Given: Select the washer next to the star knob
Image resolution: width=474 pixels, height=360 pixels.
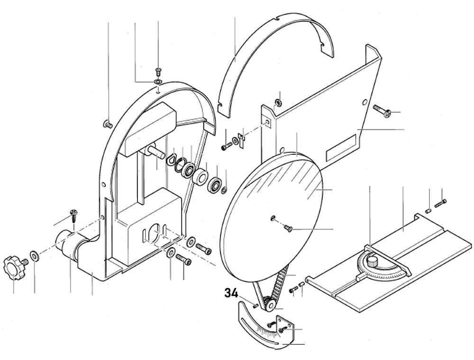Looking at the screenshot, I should point(35,256).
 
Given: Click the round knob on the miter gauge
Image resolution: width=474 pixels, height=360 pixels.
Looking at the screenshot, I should point(374,261).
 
